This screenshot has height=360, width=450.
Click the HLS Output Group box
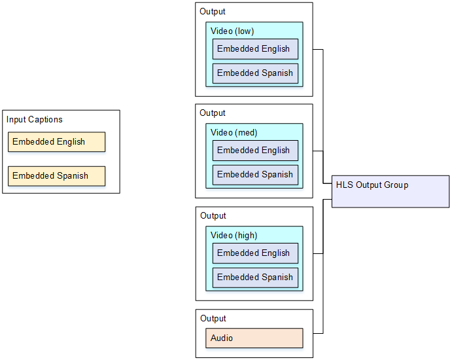[390, 192]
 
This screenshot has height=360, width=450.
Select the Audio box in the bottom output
[256, 338]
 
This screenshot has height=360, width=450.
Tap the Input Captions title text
[35, 120]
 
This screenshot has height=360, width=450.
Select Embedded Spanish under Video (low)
[255, 73]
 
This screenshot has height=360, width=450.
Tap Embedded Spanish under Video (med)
[255, 175]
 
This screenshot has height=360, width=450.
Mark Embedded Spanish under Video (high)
[255, 278]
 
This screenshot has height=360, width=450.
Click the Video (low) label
[232, 31]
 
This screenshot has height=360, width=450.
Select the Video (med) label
[234, 133]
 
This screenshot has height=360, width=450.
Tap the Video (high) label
[234, 236]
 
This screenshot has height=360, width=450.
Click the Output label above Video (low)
[213, 11]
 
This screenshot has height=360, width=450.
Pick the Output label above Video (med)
[213, 113]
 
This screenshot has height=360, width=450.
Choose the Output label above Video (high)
[213, 216]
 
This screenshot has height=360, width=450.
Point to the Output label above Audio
[213, 319]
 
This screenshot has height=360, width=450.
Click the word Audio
[222, 338]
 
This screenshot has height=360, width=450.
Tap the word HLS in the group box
[345, 185]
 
